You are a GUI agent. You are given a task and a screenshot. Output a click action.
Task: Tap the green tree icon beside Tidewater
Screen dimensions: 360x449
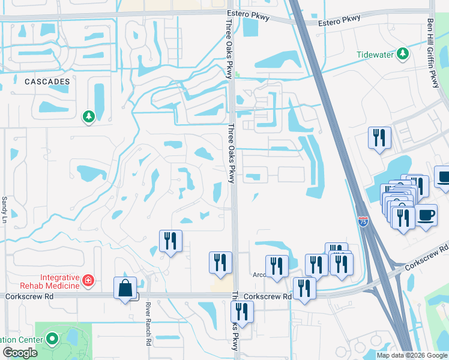pyautogui.click(x=405, y=55)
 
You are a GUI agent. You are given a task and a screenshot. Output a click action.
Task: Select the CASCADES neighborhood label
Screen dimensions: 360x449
pyautogui.click(x=47, y=81)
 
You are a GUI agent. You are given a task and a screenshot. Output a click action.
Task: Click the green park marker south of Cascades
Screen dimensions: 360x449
pyautogui.click(x=89, y=116)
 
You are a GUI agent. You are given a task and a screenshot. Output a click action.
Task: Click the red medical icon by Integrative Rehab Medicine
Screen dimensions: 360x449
pyautogui.click(x=88, y=280)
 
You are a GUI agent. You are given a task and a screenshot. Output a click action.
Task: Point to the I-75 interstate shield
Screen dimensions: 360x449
pyautogui.click(x=363, y=221)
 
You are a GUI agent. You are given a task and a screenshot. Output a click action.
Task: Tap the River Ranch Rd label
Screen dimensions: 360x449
pyautogui.click(x=148, y=324)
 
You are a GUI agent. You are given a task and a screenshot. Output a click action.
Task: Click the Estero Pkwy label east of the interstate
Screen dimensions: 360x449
pyautogui.click(x=340, y=19)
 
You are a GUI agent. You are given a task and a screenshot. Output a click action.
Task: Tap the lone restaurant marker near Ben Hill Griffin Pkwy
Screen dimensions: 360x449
pyautogui.click(x=379, y=137)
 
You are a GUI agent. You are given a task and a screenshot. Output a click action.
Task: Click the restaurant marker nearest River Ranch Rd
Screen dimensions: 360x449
pyautogui.click(x=170, y=241)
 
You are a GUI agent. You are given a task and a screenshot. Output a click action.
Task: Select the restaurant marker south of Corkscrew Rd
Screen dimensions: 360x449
pyautogui.click(x=242, y=311)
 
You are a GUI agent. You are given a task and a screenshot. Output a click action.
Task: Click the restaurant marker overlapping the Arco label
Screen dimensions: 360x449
pyautogui.click(x=277, y=266)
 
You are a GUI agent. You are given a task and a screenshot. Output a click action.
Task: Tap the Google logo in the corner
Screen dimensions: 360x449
pyautogui.click(x=20, y=353)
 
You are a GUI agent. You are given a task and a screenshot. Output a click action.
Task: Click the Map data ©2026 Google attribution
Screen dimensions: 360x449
pyautogui.click(x=412, y=355)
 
